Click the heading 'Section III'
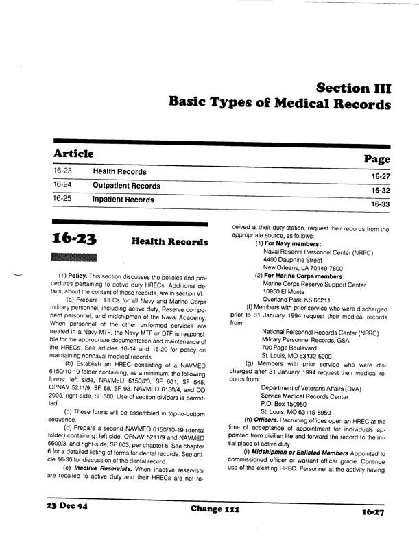[x=354, y=88]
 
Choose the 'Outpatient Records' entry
[x=126, y=186]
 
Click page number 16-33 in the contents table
[x=379, y=204]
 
